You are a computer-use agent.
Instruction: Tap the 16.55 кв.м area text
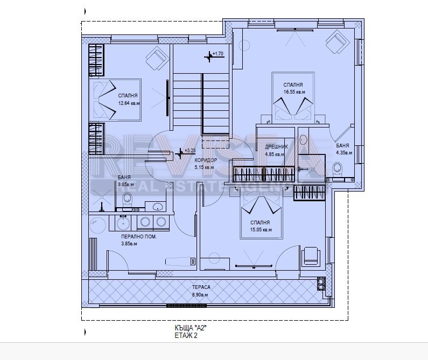click(x=294, y=92)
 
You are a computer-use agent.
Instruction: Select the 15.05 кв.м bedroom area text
click(x=260, y=230)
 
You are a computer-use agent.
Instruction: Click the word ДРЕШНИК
click(x=276, y=146)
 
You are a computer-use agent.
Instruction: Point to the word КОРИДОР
click(x=205, y=160)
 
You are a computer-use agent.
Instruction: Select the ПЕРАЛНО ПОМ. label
click(x=138, y=236)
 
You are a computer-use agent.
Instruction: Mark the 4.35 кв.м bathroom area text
click(x=343, y=152)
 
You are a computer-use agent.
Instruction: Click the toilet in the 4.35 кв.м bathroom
click(x=338, y=170)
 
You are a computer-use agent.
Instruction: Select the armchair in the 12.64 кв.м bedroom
click(x=157, y=57)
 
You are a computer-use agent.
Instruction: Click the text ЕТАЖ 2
click(x=186, y=335)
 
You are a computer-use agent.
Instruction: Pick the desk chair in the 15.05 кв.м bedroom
click(x=311, y=255)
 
